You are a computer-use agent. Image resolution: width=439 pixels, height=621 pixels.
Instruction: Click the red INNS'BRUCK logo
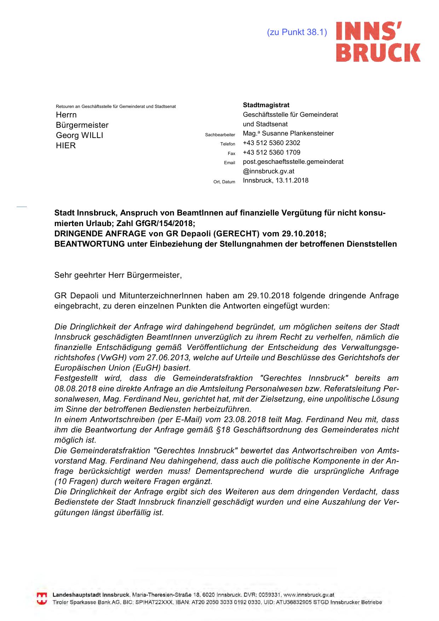[378, 42]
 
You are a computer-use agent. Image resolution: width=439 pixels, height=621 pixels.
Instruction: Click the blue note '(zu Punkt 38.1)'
[297, 32]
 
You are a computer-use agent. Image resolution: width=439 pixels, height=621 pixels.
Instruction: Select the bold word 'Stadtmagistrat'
[266, 105]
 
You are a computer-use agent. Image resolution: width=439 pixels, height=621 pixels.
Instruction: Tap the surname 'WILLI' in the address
[92, 136]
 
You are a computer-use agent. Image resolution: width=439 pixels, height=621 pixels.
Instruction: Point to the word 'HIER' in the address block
[66, 146]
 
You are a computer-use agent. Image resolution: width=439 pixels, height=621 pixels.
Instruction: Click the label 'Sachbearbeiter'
[220, 135]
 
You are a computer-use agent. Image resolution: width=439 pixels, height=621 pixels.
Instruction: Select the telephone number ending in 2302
[271, 143]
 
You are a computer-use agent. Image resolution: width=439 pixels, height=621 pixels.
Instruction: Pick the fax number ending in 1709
[271, 153]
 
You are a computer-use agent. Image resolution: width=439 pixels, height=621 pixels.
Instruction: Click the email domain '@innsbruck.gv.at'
[268, 171]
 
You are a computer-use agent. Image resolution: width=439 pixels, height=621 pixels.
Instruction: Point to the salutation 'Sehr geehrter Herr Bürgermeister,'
[118, 275]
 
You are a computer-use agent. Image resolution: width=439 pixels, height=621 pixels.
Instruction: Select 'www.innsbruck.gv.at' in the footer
[309, 595]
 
